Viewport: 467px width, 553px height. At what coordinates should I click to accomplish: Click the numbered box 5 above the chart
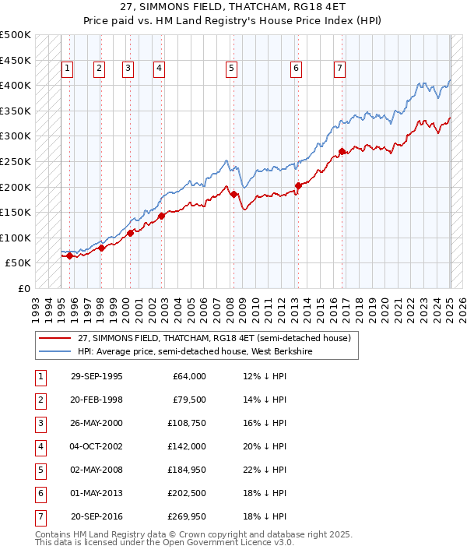point(232,69)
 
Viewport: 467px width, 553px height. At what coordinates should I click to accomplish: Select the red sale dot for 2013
point(298,185)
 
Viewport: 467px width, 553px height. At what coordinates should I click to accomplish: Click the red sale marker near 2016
point(342,151)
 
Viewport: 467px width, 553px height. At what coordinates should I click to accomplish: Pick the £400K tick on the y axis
point(16,85)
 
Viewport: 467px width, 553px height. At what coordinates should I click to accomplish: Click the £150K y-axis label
point(16,212)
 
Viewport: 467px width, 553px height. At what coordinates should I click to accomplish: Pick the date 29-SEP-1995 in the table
point(97,376)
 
